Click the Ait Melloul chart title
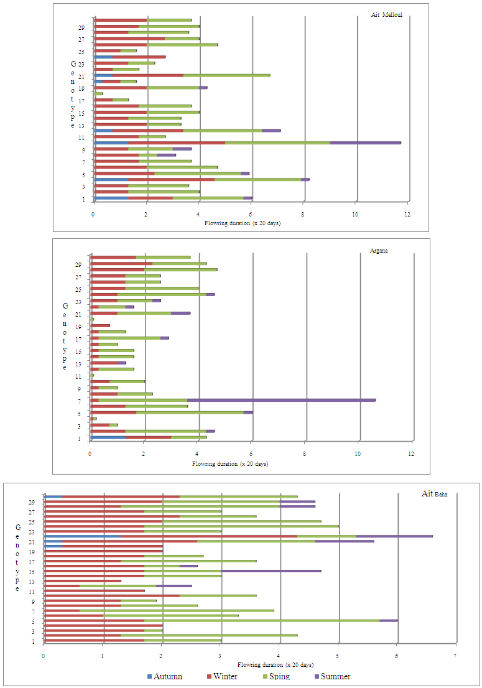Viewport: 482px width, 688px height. click(x=385, y=15)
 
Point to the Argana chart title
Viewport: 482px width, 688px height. click(x=376, y=251)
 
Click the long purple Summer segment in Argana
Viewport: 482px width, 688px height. click(x=281, y=400)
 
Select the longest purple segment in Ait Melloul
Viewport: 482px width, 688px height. click(x=365, y=142)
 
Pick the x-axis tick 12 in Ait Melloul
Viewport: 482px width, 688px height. click(x=407, y=215)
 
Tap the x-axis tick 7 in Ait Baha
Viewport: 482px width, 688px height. click(x=456, y=656)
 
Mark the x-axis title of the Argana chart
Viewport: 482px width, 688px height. click(x=229, y=464)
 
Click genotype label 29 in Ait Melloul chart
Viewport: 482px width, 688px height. click(x=81, y=27)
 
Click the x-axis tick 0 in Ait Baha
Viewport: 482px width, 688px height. click(x=44, y=656)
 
